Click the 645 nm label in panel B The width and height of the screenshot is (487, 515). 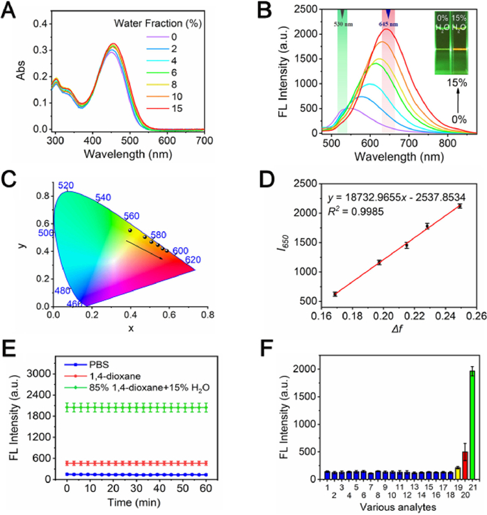point(389,23)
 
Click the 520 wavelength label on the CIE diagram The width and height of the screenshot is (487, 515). point(66,186)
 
